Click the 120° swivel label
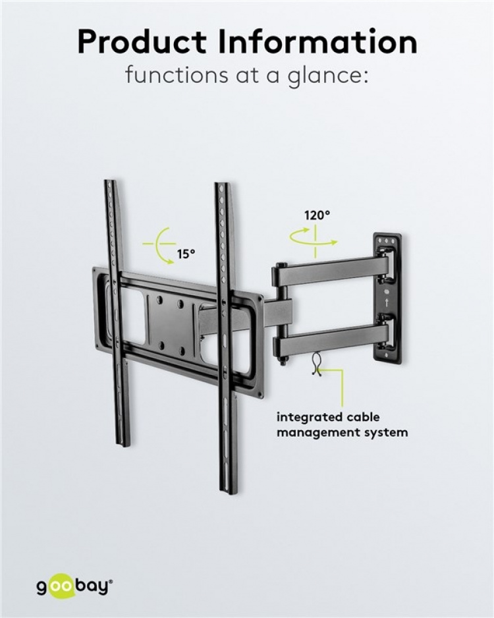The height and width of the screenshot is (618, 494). tap(317, 215)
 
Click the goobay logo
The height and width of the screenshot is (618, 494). tap(74, 585)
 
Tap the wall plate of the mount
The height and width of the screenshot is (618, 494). tap(387, 296)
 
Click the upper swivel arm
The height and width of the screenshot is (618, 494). tap(326, 271)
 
